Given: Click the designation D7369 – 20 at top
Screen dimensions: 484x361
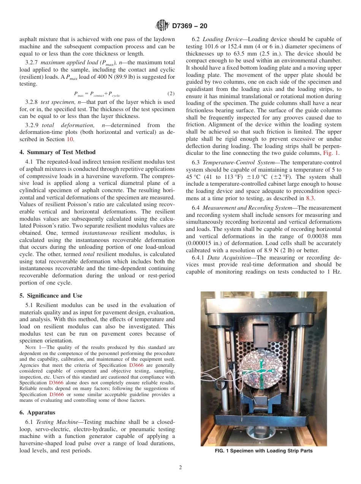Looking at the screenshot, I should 189,26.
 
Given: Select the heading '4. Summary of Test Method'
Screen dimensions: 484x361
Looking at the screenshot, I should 57,152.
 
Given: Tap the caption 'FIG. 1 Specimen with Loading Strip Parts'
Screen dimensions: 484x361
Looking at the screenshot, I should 264,451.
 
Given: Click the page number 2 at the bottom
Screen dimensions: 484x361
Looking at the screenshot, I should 180,468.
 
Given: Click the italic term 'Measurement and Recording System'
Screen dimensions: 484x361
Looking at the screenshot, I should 249,208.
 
